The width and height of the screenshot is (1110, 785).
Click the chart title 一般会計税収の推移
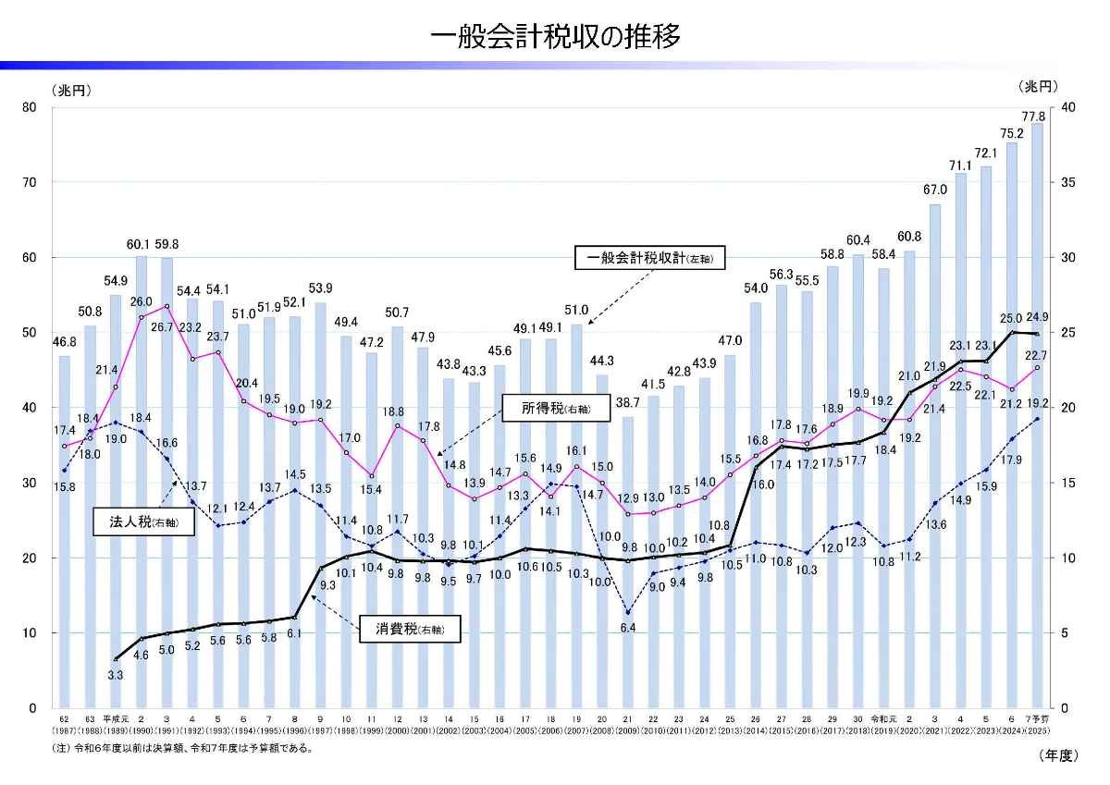(x=555, y=37)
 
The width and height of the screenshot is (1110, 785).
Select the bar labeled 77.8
(x=1037, y=416)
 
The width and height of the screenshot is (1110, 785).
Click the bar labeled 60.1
(x=142, y=481)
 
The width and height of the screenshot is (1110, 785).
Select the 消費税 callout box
(x=409, y=630)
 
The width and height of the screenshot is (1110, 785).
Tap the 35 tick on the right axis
(x=1070, y=182)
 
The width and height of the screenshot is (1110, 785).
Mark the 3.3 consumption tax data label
(x=117, y=676)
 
